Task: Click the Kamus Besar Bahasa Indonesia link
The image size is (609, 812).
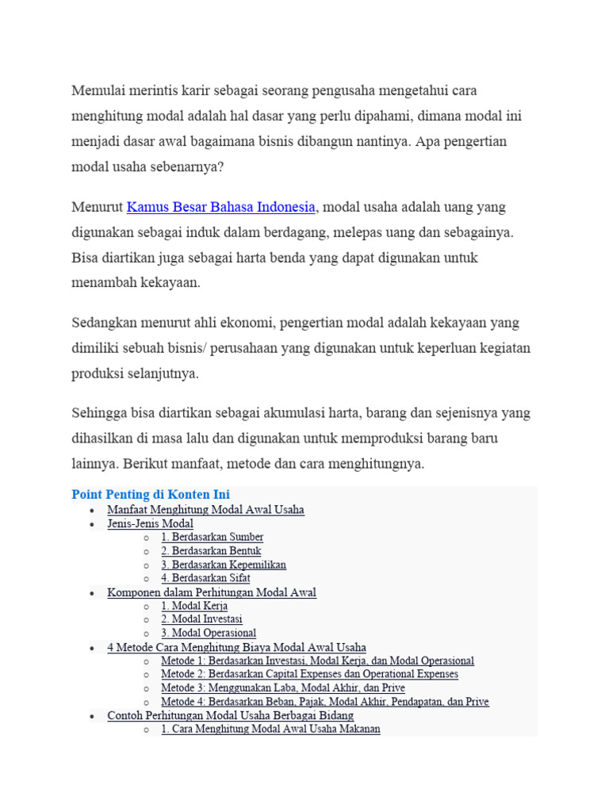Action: click(221, 208)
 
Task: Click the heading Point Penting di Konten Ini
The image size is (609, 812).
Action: click(151, 495)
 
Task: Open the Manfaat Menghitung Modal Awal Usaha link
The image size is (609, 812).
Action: click(205, 510)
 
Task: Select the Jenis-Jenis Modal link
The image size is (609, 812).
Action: click(150, 523)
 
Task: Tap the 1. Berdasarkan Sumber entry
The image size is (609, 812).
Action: click(212, 538)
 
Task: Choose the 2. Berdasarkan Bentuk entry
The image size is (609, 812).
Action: click(211, 551)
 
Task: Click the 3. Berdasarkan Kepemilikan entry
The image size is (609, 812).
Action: click(224, 565)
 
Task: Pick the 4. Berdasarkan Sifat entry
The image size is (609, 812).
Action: click(205, 578)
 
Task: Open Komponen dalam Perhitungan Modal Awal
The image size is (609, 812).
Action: click(212, 592)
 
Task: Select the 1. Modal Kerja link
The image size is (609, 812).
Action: click(194, 606)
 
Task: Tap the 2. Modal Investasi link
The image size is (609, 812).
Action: click(201, 619)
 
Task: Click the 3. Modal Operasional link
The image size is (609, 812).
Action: click(209, 633)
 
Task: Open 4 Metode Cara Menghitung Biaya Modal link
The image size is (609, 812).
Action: click(236, 647)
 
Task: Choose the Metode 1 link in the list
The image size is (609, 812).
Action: click(317, 661)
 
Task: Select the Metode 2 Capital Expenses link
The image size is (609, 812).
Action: click(309, 674)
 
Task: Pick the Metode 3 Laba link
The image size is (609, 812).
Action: click(283, 688)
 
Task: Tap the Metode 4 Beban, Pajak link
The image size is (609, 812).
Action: click(324, 702)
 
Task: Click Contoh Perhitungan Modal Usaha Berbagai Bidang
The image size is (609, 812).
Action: click(230, 715)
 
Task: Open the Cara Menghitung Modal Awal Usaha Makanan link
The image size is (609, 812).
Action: click(270, 729)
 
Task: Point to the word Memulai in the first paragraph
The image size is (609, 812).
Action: click(95, 90)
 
